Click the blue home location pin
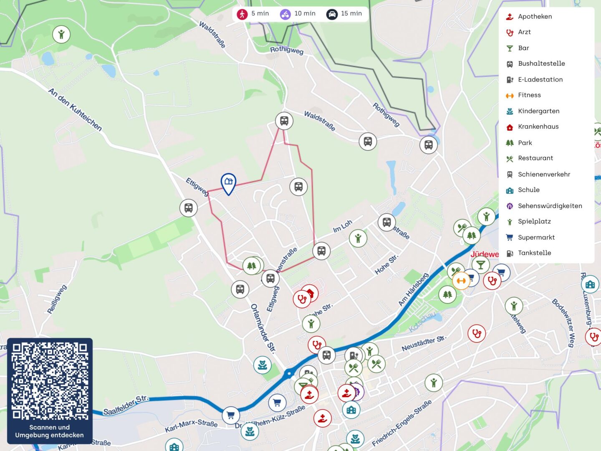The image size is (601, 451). point(228,183)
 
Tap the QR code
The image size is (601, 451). point(50,380)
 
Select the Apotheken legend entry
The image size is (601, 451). point(535,17)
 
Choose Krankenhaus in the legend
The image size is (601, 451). point(538,127)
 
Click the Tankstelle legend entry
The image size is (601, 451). point(534,253)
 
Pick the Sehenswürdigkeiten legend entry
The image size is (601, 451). point(550,206)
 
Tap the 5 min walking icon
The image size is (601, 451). point(242,14)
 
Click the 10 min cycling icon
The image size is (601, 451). point(285,14)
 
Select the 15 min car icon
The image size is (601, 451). point(332,14)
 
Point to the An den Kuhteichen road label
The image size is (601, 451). point(75,109)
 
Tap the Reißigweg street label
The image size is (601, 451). point(57,299)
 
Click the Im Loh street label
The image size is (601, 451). point(343,226)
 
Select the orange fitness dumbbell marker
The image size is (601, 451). point(461,281)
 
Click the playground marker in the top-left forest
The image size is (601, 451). point(61,34)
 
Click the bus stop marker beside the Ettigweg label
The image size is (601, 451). point(188,208)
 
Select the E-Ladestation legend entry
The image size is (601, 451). point(540,79)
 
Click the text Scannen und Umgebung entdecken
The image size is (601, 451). point(50,431)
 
